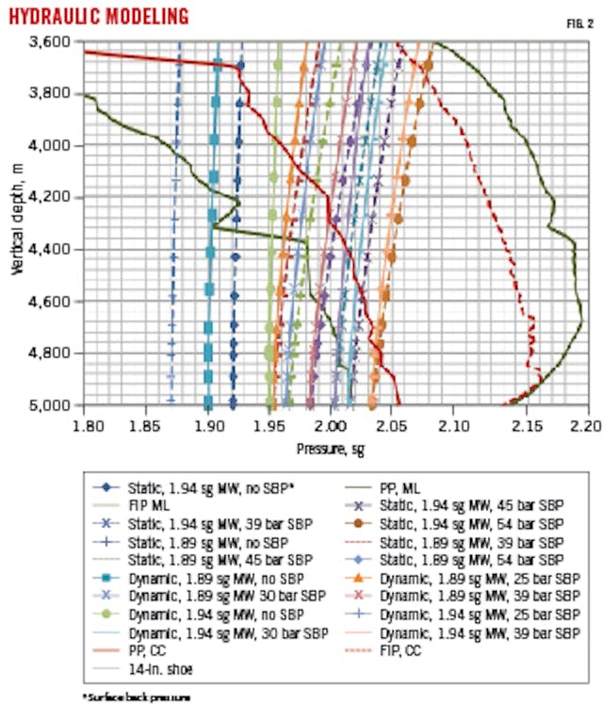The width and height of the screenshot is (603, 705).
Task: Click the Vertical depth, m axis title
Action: coord(18,222)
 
